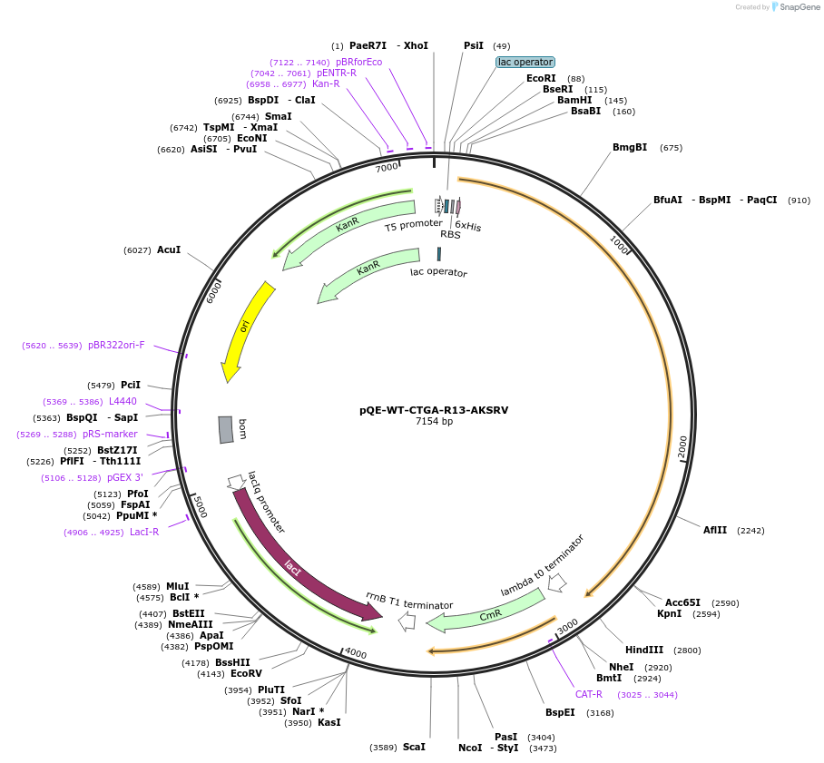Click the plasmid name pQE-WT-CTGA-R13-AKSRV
pos(434,410)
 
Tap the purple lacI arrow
pos(299,562)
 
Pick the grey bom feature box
pos(226,429)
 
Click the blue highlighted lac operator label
pos(525,62)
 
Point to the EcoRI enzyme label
pos(541,78)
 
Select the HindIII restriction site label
pos(644,650)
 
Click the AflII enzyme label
pos(715,530)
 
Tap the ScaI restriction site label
pos(414,747)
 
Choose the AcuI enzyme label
pos(169,249)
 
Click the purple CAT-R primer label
pos(589,694)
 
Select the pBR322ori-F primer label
pos(116,345)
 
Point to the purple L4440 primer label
pos(123,401)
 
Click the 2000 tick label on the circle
pos(683,446)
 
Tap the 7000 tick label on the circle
pos(387,167)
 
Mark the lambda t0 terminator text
pos(543,565)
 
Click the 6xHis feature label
pos(468,226)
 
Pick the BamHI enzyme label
pos(574,100)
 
